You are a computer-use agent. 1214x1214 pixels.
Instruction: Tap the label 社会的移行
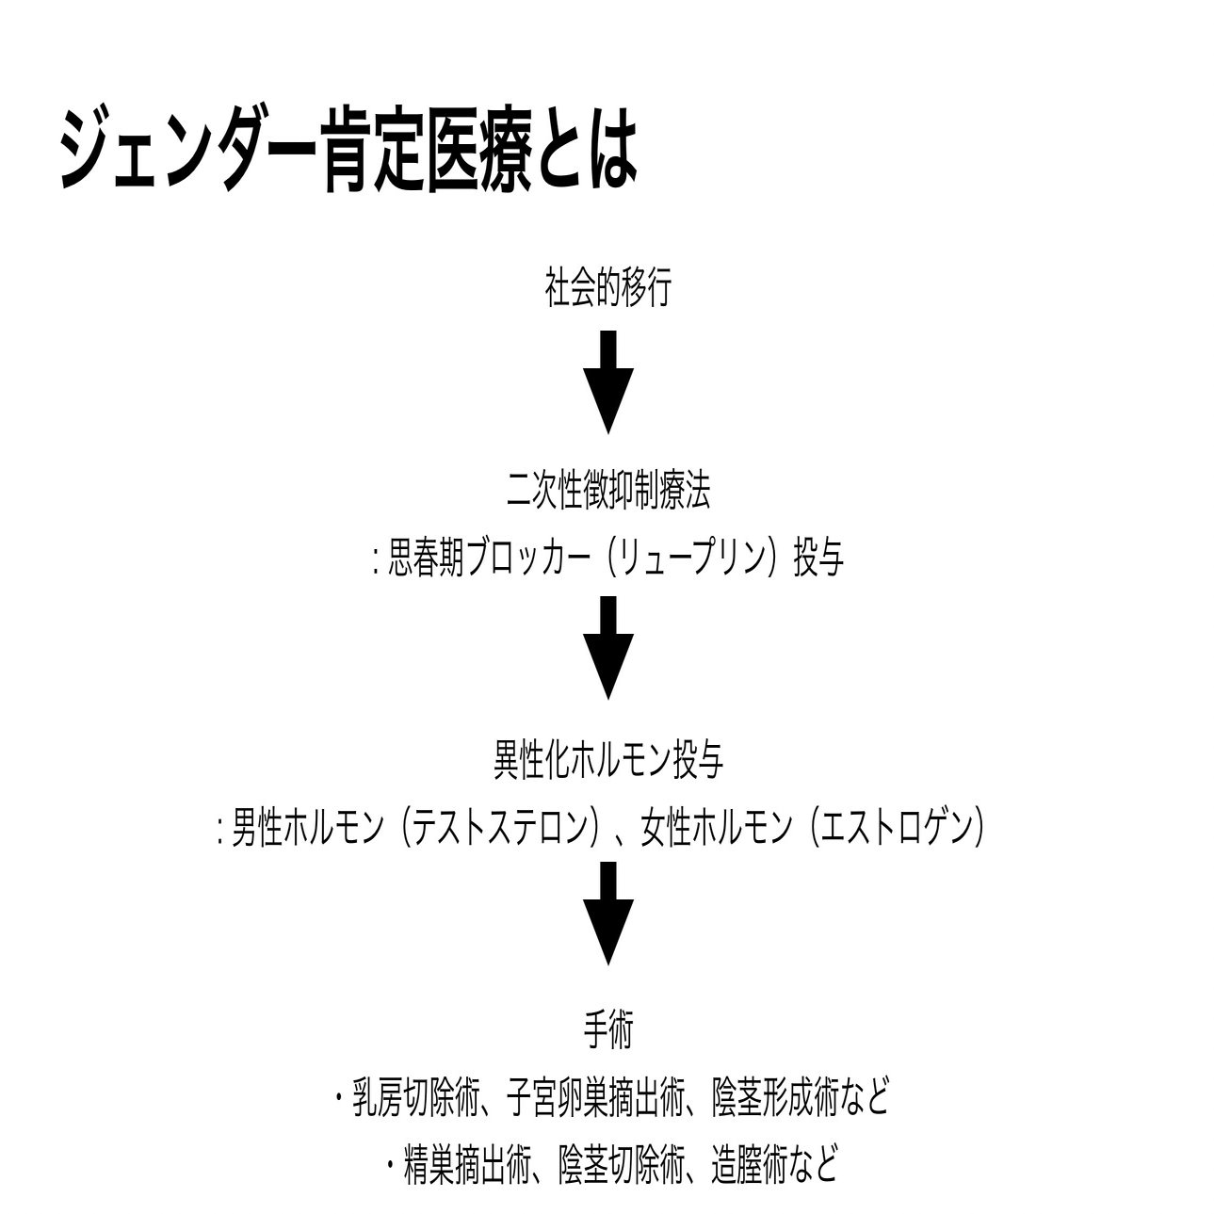click(x=607, y=287)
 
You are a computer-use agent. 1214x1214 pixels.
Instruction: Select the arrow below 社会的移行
click(x=607, y=381)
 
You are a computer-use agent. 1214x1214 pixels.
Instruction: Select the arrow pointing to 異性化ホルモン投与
click(x=607, y=649)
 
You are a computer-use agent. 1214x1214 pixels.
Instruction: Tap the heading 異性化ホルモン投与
click(x=607, y=760)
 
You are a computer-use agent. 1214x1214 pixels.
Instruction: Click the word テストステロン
click(x=499, y=828)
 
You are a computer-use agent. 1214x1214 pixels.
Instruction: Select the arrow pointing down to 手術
click(x=607, y=915)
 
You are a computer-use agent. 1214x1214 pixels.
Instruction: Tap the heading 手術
click(x=607, y=1031)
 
